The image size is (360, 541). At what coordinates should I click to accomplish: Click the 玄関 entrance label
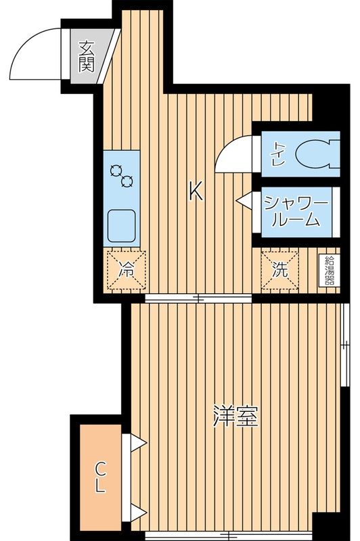(86, 57)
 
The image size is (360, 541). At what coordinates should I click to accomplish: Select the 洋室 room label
(235, 416)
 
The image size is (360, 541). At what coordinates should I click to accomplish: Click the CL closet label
(99, 476)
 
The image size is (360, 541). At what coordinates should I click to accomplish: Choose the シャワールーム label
(296, 211)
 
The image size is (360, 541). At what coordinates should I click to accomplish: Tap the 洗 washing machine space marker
(280, 268)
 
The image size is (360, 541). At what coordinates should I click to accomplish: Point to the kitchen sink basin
(121, 225)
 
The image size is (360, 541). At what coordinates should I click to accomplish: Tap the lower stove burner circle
(126, 181)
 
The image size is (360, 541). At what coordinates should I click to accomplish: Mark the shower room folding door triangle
(243, 200)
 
